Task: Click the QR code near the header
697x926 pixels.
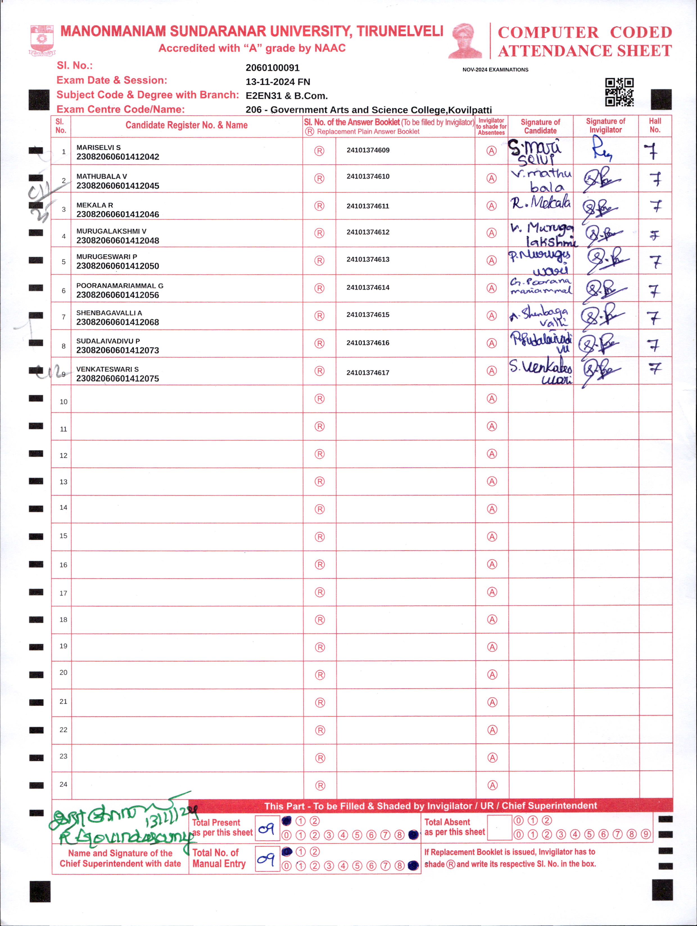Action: [619, 92]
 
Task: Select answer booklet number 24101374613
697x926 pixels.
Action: [368, 259]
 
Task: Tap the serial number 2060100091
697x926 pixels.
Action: [273, 68]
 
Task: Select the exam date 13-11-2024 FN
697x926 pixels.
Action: [278, 82]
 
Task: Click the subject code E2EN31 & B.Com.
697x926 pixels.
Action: [286, 96]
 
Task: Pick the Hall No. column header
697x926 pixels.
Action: [655, 126]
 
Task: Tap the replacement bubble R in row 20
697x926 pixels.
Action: [320, 675]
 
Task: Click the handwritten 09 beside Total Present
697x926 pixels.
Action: [267, 828]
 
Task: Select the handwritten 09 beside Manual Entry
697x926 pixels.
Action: [267, 859]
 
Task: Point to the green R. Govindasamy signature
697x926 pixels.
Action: [126, 836]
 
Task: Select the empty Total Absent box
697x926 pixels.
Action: [499, 828]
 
